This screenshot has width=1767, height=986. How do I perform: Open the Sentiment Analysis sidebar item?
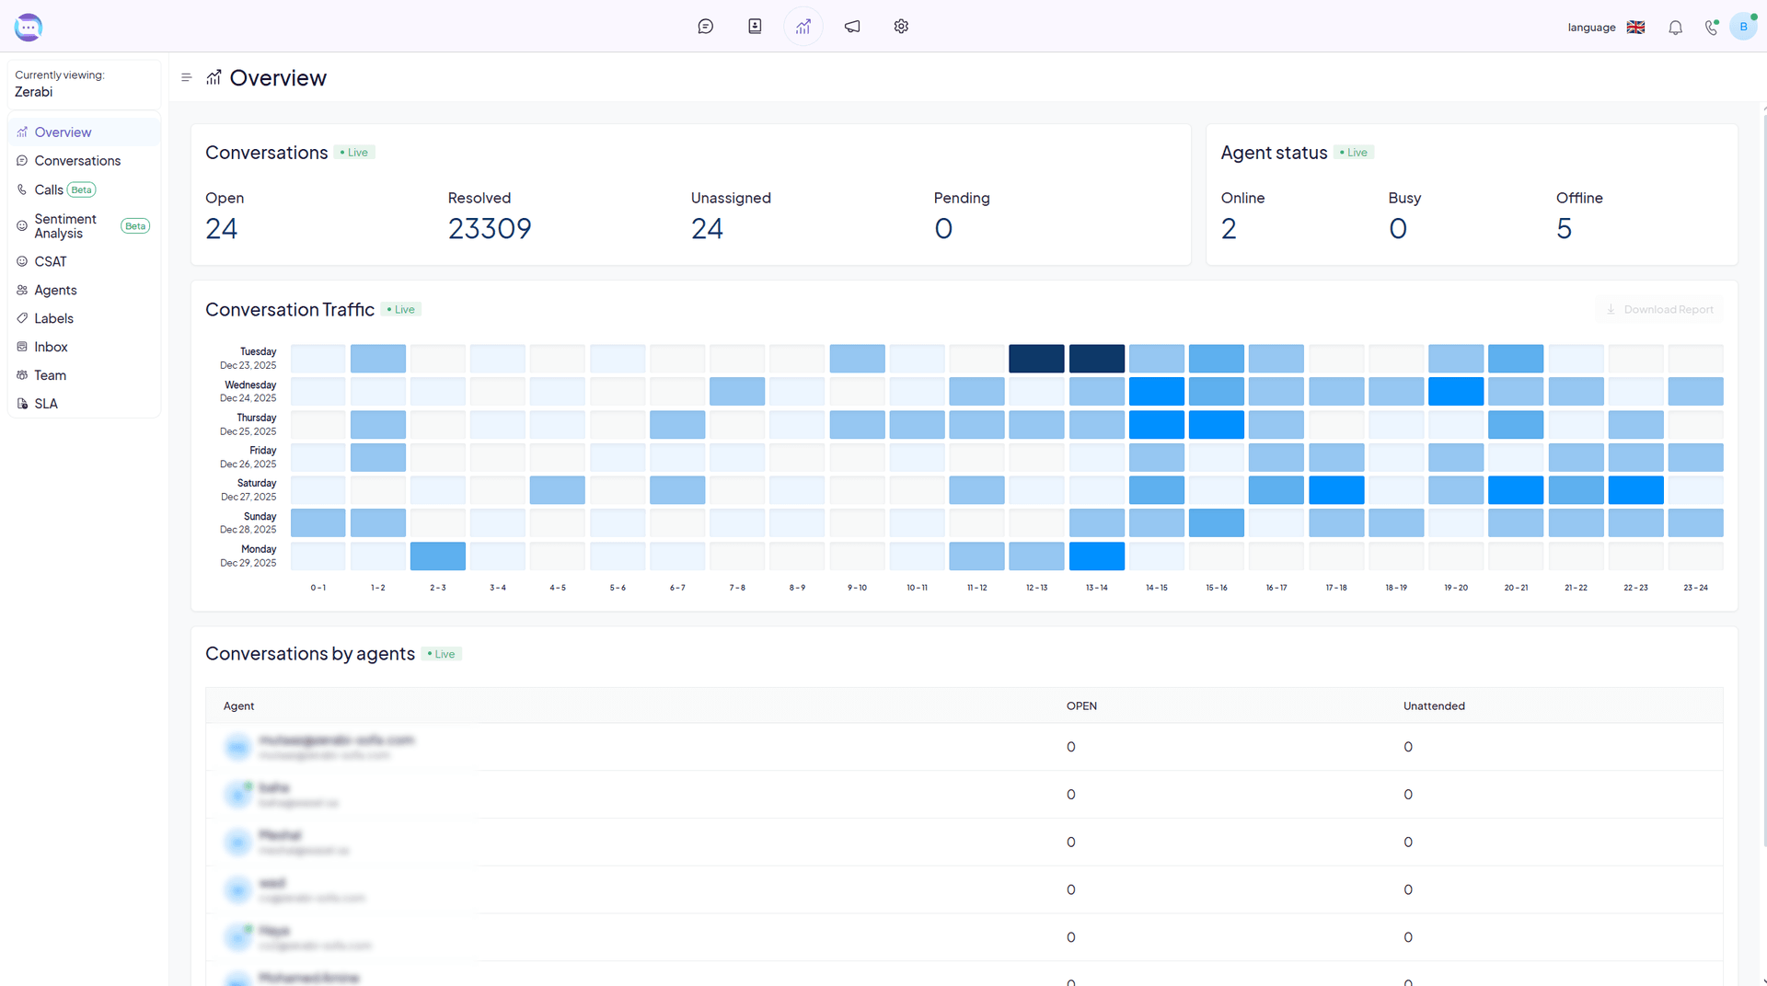click(64, 226)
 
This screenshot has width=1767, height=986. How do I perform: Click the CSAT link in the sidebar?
click(51, 262)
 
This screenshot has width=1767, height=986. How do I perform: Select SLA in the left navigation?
click(46, 404)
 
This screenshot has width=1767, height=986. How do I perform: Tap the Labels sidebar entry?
click(53, 319)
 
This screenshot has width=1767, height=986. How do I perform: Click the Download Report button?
click(1659, 310)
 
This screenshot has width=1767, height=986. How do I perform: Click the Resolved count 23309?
click(489, 229)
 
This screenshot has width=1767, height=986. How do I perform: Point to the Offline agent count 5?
click(1564, 229)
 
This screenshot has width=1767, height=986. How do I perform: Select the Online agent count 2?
click(1229, 229)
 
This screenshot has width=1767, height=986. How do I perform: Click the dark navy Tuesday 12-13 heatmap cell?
click(1036, 359)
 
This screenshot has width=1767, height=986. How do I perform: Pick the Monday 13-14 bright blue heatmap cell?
click(1096, 556)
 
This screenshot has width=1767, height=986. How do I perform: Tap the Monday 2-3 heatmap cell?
click(438, 556)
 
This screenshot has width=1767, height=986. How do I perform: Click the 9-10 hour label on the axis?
click(857, 588)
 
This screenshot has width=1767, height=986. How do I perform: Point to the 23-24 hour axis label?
click(1695, 588)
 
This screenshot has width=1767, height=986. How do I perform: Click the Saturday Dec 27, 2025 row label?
click(248, 490)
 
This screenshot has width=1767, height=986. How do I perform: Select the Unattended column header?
click(1434, 706)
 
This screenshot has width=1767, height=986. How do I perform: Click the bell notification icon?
click(1675, 28)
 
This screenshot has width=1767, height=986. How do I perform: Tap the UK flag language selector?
click(1635, 28)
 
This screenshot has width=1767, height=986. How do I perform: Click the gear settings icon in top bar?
click(901, 27)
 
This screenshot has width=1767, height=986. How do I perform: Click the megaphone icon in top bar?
click(852, 27)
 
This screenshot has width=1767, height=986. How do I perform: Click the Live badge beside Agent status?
click(1354, 153)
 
